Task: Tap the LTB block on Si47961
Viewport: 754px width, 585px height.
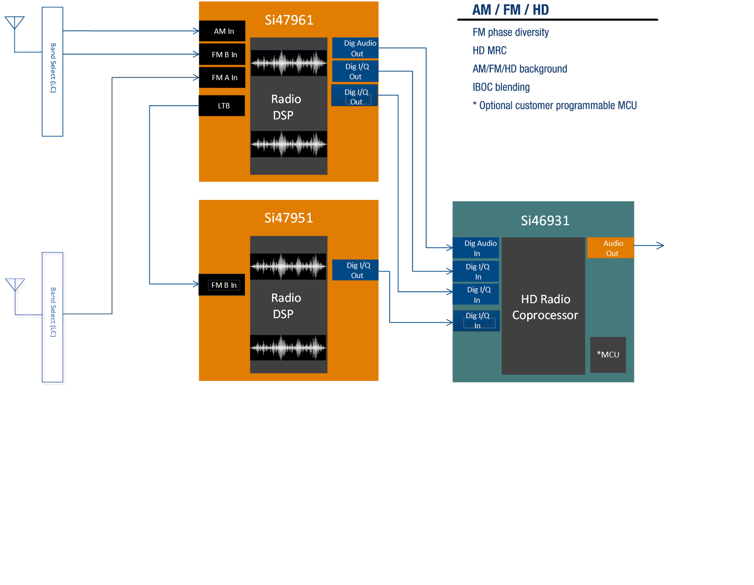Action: (x=222, y=106)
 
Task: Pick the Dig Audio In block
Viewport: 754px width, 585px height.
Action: (x=476, y=248)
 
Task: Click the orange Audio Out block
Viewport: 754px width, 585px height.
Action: (x=611, y=248)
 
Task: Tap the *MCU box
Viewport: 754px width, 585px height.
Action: (x=608, y=355)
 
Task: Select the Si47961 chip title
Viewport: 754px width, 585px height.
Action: (x=289, y=20)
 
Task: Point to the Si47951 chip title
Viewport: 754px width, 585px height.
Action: (x=289, y=218)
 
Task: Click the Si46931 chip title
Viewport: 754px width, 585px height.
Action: (x=545, y=221)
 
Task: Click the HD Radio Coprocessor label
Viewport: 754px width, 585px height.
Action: (x=545, y=307)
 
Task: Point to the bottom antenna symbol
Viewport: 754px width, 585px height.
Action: (x=15, y=285)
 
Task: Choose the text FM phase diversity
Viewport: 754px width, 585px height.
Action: (x=510, y=32)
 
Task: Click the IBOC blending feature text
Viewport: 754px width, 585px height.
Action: (x=501, y=87)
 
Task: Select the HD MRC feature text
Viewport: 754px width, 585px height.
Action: (x=489, y=51)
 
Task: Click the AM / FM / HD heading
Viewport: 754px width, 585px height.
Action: (x=510, y=10)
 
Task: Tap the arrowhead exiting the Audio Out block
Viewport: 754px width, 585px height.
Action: (x=661, y=245)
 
